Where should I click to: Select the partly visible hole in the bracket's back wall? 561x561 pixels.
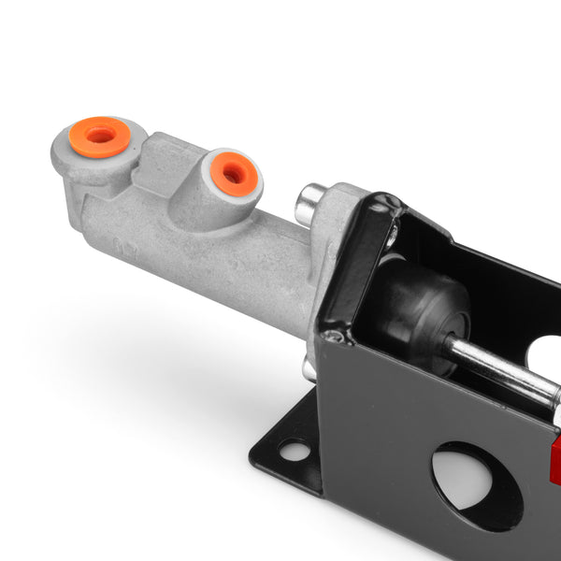(x=544, y=353)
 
